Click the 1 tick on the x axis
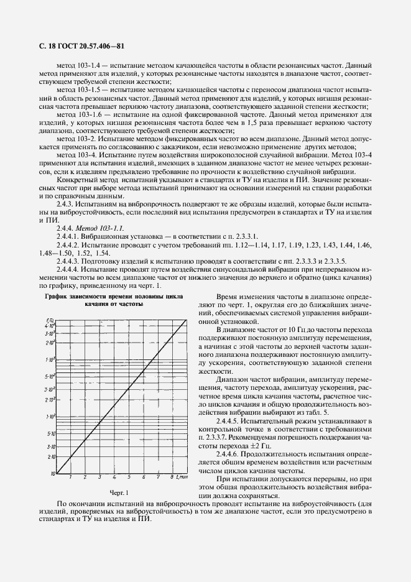point(70,478)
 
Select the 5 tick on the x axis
point(129,478)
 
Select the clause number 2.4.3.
point(65,204)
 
